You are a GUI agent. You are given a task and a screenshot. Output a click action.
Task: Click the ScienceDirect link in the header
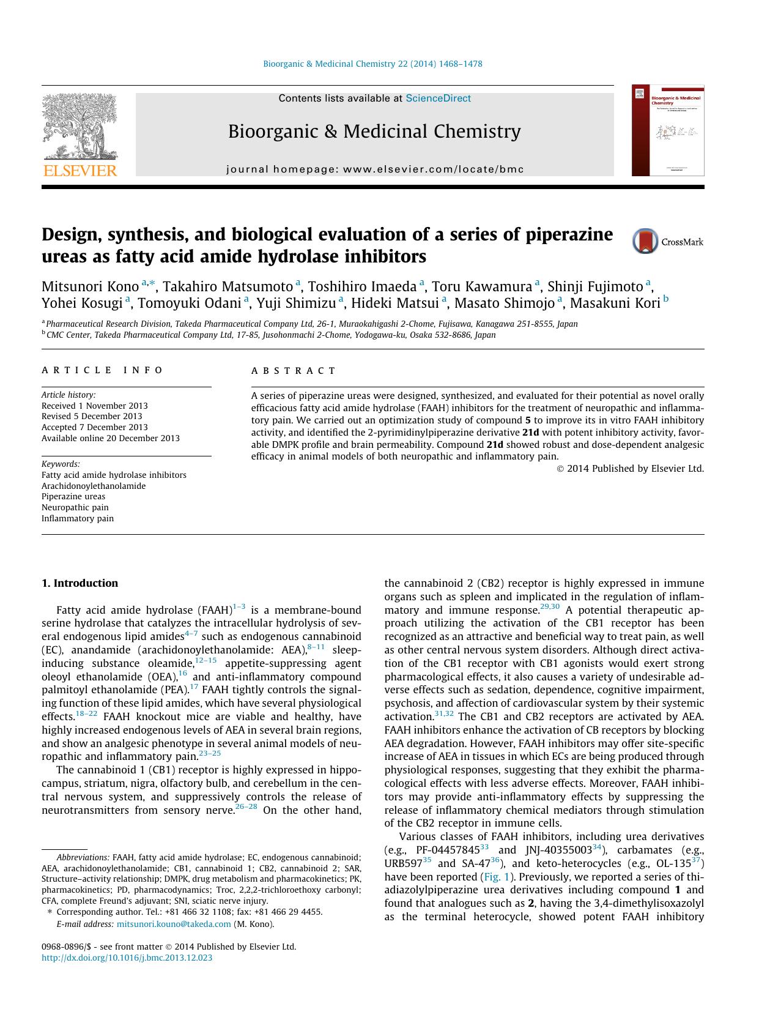[438, 98]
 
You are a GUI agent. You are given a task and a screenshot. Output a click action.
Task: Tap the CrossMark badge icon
[646, 241]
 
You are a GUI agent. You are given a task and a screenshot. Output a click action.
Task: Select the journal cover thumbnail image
[668, 130]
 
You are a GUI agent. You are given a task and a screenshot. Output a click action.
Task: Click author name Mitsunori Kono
[90, 286]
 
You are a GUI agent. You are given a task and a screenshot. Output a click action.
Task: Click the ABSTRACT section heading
[294, 371]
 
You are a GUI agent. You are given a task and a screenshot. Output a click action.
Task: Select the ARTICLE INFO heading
[102, 370]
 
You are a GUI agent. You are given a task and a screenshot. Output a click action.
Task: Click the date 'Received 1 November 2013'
[95, 406]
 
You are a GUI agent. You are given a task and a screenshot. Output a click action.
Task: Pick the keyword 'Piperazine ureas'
[73, 496]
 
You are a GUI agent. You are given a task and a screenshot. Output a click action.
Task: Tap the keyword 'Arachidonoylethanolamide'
[94, 486]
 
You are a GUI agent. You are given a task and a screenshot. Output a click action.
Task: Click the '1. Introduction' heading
[80, 583]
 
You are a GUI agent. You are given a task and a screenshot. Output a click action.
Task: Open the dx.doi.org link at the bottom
[127, 958]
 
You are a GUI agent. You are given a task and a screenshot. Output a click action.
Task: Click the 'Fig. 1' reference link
[496, 876]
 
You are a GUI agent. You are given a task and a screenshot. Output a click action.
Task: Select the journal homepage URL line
[375, 169]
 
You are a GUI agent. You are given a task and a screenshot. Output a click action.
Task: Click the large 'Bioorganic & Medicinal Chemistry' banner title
[374, 132]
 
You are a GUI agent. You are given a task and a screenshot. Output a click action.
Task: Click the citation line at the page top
[372, 64]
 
